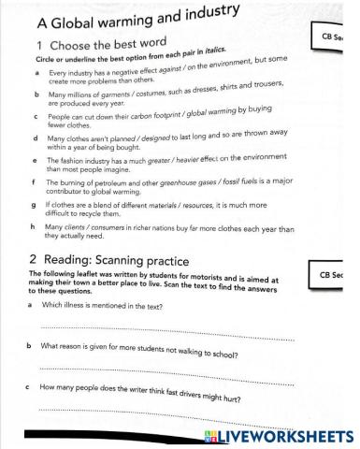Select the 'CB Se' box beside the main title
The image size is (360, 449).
pos(338,37)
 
